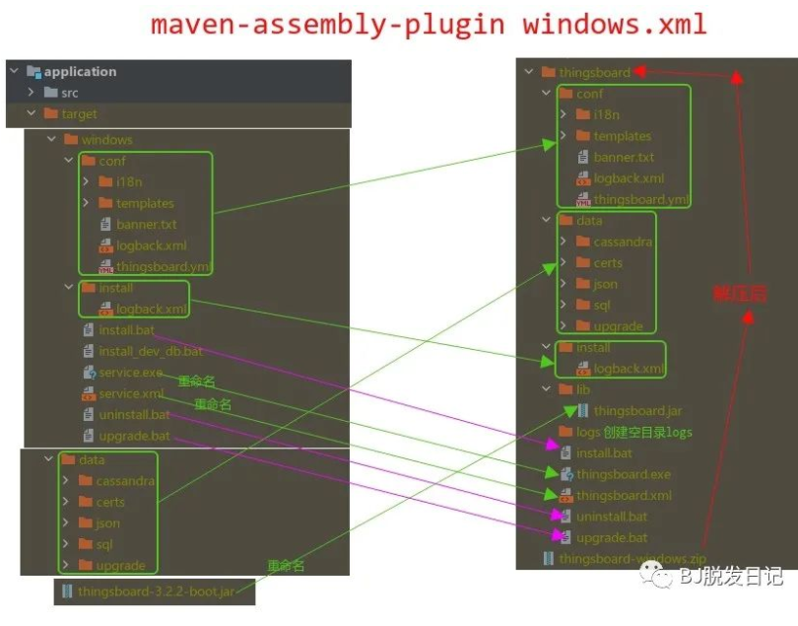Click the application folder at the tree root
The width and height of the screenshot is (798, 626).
pyautogui.click(x=79, y=72)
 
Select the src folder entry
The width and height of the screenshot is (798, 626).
pyautogui.click(x=69, y=93)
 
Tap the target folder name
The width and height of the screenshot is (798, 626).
pyautogui.click(x=79, y=114)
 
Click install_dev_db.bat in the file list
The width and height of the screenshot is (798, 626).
pyautogui.click(x=150, y=351)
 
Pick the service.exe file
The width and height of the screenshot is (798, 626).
pyautogui.click(x=130, y=373)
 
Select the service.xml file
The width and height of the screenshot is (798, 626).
pyautogui.click(x=131, y=393)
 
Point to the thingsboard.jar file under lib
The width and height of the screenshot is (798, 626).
pyautogui.click(x=637, y=411)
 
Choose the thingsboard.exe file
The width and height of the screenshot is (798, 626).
pyautogui.click(x=624, y=474)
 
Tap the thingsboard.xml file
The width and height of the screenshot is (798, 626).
pyautogui.click(x=624, y=496)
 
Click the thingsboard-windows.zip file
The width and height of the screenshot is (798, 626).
pyautogui.click(x=631, y=559)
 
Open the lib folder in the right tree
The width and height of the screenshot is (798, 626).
pyautogui.click(x=583, y=389)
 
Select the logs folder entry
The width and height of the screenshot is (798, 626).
pyautogui.click(x=588, y=432)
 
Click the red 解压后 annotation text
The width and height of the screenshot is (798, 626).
pyautogui.click(x=739, y=294)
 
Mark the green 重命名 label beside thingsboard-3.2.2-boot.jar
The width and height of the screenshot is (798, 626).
pyautogui.click(x=286, y=566)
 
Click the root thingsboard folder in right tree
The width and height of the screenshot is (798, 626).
pyautogui.click(x=594, y=72)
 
